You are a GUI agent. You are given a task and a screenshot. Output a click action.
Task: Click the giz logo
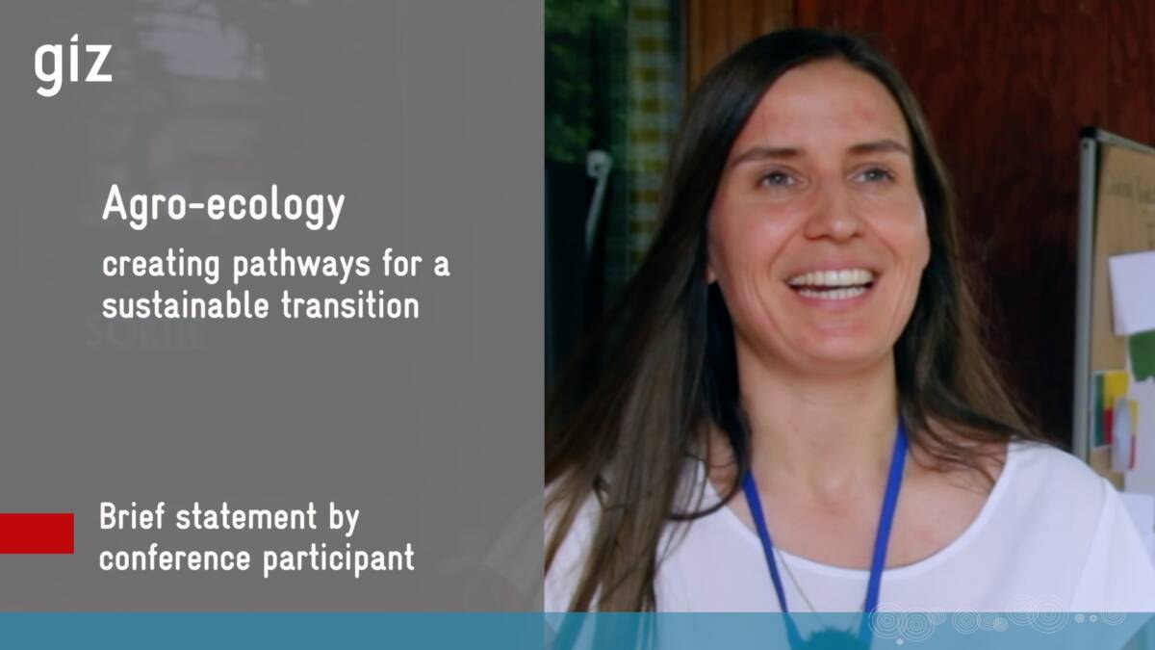point(73,65)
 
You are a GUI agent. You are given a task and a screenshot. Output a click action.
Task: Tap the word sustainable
point(186,304)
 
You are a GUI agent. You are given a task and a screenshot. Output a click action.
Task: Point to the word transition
point(350,304)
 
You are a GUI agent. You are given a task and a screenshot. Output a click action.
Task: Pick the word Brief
point(132,516)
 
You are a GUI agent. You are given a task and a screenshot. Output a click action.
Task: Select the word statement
point(246,517)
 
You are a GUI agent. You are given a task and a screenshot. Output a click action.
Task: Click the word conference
point(175,558)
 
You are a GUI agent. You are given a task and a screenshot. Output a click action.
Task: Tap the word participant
point(339,559)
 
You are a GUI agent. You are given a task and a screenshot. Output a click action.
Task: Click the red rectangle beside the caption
point(37,533)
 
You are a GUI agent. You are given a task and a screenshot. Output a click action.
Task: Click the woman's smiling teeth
point(832,284)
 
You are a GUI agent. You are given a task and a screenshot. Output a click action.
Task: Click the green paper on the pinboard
point(1143,356)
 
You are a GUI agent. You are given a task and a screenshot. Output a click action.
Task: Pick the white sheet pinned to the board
point(1132,292)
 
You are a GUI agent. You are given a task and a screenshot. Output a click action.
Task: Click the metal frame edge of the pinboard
point(1085,294)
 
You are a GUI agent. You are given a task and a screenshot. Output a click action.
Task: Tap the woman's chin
point(835,343)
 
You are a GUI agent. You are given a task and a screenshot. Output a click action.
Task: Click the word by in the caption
point(344,518)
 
